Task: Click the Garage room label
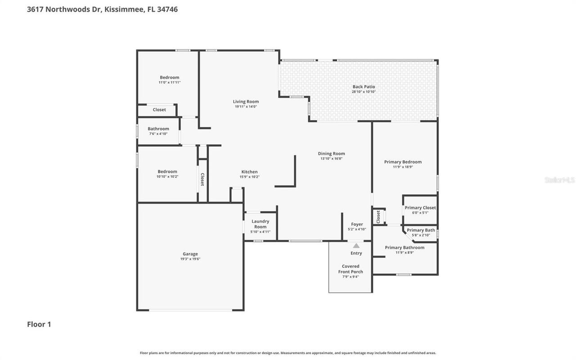(x=190, y=254)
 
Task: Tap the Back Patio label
(x=364, y=87)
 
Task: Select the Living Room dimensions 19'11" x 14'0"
(x=246, y=107)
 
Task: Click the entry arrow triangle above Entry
(x=356, y=246)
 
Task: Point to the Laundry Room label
(x=260, y=224)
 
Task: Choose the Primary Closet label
(x=420, y=207)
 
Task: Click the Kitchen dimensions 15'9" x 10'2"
(x=249, y=177)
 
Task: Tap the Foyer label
(x=357, y=224)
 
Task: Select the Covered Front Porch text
(x=351, y=269)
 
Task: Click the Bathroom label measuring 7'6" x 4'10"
(x=158, y=129)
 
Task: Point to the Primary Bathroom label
(x=405, y=247)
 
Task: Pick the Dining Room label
(x=331, y=153)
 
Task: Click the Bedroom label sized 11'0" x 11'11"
(x=169, y=77)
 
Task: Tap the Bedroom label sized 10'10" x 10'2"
(x=167, y=171)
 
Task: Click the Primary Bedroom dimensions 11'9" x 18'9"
(x=403, y=167)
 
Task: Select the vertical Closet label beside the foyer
(x=378, y=216)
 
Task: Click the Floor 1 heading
(x=39, y=324)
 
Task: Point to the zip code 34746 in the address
(x=167, y=9)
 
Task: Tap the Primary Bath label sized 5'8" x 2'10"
(x=421, y=230)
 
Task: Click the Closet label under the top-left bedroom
(x=159, y=110)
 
